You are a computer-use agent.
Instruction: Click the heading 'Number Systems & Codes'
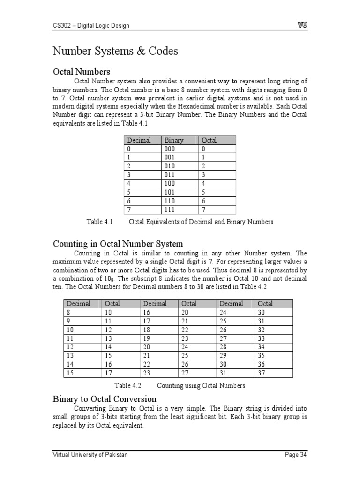pyautogui.click(x=115, y=51)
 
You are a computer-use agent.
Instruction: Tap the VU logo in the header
pyautogui.click(x=302, y=25)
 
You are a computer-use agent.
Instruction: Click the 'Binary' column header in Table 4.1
pyautogui.click(x=173, y=140)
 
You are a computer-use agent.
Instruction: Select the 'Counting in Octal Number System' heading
pyautogui.click(x=118, y=244)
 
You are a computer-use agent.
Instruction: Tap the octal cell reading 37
pyautogui.click(x=262, y=373)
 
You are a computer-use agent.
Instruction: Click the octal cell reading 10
pyautogui.click(x=109, y=312)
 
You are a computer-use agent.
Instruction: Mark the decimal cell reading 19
pyautogui.click(x=147, y=338)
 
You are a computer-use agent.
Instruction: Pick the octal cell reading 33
pyautogui.click(x=262, y=338)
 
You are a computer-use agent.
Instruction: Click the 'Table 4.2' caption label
pyautogui.click(x=128, y=386)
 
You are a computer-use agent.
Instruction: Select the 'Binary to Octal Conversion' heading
pyautogui.click(x=105, y=399)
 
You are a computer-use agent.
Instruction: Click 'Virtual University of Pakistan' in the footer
pyautogui.click(x=90, y=455)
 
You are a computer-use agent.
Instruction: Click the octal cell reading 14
pyautogui.click(x=109, y=347)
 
